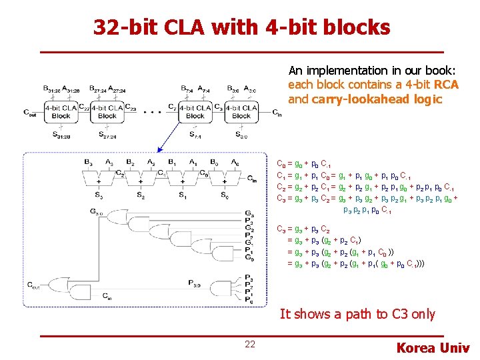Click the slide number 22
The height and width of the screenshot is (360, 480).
point(250,344)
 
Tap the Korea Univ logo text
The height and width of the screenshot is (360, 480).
point(433,347)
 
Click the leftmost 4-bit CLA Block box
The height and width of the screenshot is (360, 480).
point(61,111)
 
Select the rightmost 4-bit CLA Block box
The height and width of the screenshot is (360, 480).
point(241,111)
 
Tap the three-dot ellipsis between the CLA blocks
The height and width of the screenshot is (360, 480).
point(151,112)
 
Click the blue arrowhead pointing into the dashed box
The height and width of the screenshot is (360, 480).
point(158,150)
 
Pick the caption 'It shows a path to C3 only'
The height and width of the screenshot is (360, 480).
point(357,314)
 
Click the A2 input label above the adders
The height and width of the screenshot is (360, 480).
point(152,163)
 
